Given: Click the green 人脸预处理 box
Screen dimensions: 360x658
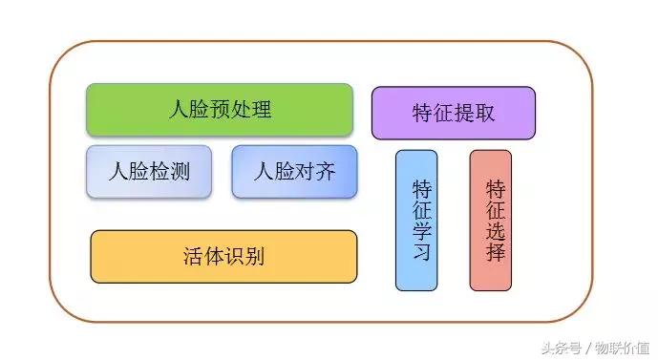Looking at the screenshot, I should coord(220,109).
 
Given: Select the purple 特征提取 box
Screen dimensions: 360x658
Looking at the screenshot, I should coord(453,113).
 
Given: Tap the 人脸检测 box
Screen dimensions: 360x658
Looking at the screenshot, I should coord(149,172).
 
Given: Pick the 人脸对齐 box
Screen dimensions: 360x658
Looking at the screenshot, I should coord(294,172).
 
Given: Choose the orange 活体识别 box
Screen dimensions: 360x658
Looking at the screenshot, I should coord(223,256).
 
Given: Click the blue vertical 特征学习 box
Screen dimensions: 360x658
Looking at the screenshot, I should coord(416,220).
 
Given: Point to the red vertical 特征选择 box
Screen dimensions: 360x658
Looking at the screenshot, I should coord(491,220).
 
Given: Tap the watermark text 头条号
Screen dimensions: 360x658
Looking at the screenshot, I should coord(562,347).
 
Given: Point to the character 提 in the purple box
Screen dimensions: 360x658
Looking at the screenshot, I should coord(464,113).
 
